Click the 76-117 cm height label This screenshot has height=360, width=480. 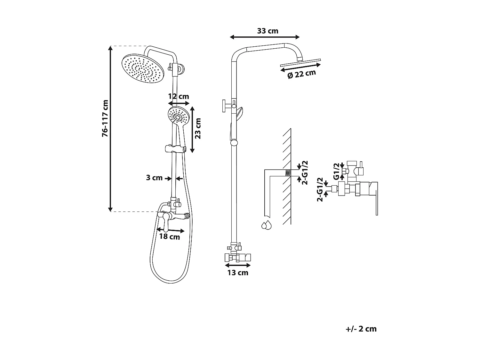pyautogui.click(x=105, y=119)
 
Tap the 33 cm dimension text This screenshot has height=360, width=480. pyautogui.click(x=268, y=31)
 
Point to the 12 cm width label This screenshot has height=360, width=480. pyautogui.click(x=179, y=96)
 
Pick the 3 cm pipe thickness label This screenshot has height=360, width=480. pyautogui.click(x=154, y=178)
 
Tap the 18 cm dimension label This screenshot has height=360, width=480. pyautogui.click(x=170, y=237)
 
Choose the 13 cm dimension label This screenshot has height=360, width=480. pyautogui.click(x=238, y=273)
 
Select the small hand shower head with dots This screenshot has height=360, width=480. pyautogui.click(x=178, y=116)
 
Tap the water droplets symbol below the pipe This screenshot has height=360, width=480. pyautogui.click(x=266, y=225)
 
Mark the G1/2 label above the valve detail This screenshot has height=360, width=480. pyautogui.click(x=336, y=171)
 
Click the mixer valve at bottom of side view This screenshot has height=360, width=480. pyautogui.click(x=238, y=257)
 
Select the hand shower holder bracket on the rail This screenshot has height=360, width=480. pyautogui.click(x=175, y=149)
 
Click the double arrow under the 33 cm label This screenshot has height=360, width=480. pyautogui.click(x=265, y=37)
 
